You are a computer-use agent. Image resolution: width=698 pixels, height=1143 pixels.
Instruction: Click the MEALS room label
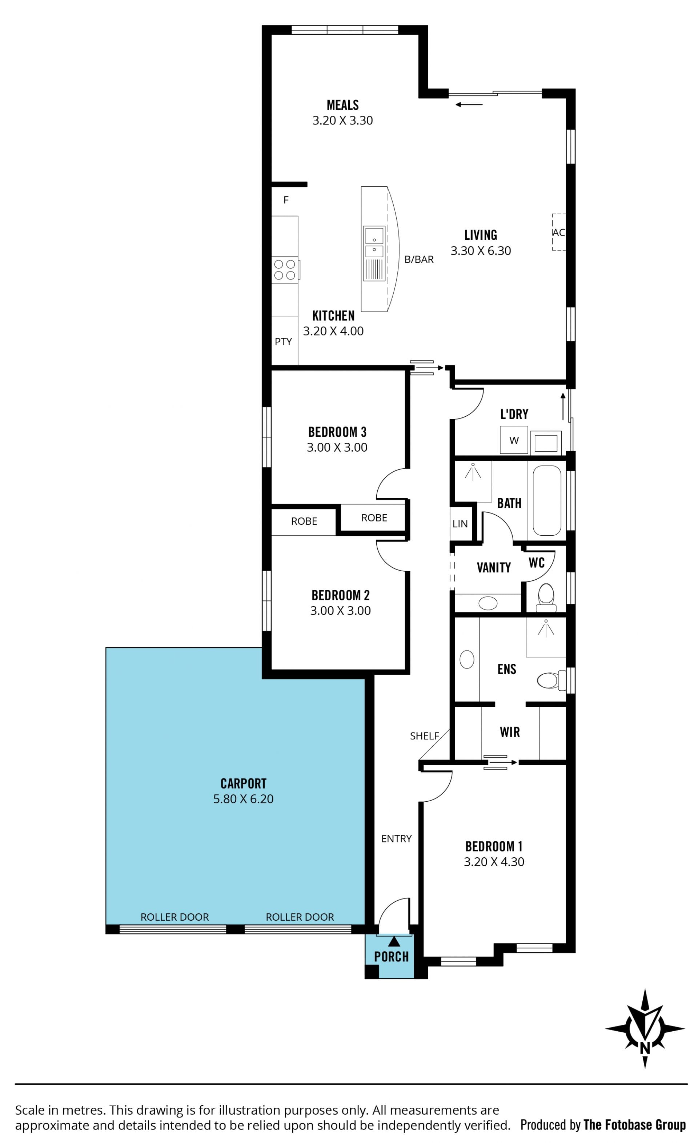pyautogui.click(x=342, y=105)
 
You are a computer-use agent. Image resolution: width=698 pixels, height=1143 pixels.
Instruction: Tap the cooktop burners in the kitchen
pyautogui.click(x=285, y=270)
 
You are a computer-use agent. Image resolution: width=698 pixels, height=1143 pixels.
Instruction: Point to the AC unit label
pyautogui.click(x=558, y=233)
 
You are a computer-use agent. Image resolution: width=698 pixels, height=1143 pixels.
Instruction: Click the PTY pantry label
pyautogui.click(x=283, y=341)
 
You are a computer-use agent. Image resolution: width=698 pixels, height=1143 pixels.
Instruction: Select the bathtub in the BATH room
pyautogui.click(x=546, y=500)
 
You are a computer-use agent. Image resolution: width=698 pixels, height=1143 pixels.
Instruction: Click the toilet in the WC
pyautogui.click(x=546, y=597)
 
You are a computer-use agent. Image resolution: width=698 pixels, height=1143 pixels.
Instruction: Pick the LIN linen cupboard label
pyautogui.click(x=460, y=524)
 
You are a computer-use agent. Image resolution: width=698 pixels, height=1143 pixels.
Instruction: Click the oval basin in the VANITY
pyautogui.click(x=488, y=603)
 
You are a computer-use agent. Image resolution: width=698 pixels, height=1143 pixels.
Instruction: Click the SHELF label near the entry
pyautogui.click(x=424, y=736)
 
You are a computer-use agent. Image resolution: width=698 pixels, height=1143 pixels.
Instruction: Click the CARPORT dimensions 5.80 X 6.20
pyautogui.click(x=243, y=798)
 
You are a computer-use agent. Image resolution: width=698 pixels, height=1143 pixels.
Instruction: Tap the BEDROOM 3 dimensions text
pyautogui.click(x=337, y=447)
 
